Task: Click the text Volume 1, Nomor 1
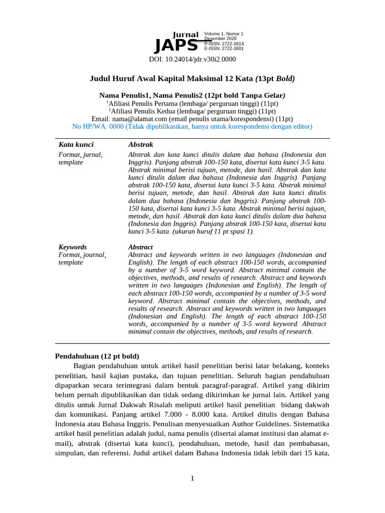pyautogui.click(x=224, y=34)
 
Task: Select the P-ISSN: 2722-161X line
pyautogui.click(x=224, y=44)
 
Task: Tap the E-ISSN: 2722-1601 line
pyautogui.click(x=224, y=49)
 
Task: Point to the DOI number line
pyautogui.click(x=192, y=59)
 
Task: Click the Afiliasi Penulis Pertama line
pyautogui.click(x=192, y=103)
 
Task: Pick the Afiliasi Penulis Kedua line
pyautogui.click(x=192, y=111)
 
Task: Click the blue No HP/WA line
pyautogui.click(x=192, y=126)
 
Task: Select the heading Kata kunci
pyautogui.click(x=76, y=144)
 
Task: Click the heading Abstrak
pyautogui.click(x=140, y=144)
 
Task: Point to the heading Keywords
pyautogui.click(x=72, y=247)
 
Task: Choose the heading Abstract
pyautogui.click(x=140, y=247)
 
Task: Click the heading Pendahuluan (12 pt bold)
pyautogui.click(x=97, y=356)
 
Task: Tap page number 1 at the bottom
pyautogui.click(x=192, y=478)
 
